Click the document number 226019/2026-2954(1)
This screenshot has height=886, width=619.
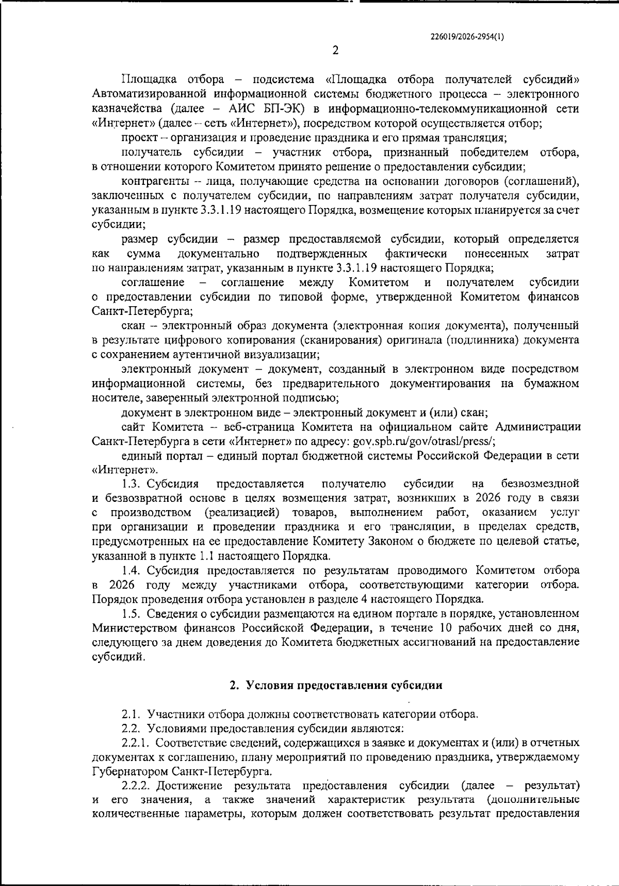(467, 37)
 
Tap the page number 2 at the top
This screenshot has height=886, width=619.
(335, 50)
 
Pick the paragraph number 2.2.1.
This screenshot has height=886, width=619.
(136, 743)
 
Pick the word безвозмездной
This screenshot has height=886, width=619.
(540, 484)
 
